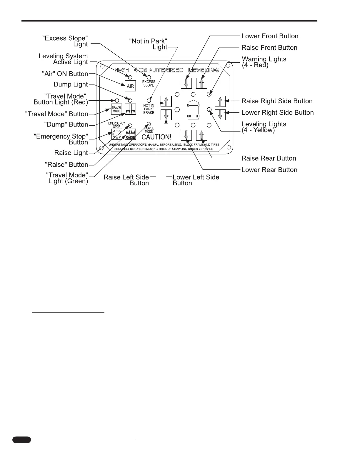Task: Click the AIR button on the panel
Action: [130, 86]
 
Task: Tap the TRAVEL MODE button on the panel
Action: [116, 109]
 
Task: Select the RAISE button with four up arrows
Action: [130, 134]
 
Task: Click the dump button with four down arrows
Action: [130, 109]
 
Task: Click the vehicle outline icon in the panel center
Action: [193, 109]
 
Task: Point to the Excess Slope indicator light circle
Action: [149, 77]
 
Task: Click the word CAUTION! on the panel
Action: [156, 137]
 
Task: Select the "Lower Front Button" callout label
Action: [270, 36]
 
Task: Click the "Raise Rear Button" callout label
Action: [269, 158]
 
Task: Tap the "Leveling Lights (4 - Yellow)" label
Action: [264, 127]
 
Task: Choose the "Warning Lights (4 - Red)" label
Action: [264, 62]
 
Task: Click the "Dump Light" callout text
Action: [71, 84]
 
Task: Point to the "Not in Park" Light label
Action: [149, 44]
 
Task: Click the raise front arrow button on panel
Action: [201, 83]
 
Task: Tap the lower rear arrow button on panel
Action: [186, 135]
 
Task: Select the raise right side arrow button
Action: [220, 101]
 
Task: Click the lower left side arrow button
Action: [166, 115]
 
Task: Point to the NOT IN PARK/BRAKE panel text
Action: [149, 109]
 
